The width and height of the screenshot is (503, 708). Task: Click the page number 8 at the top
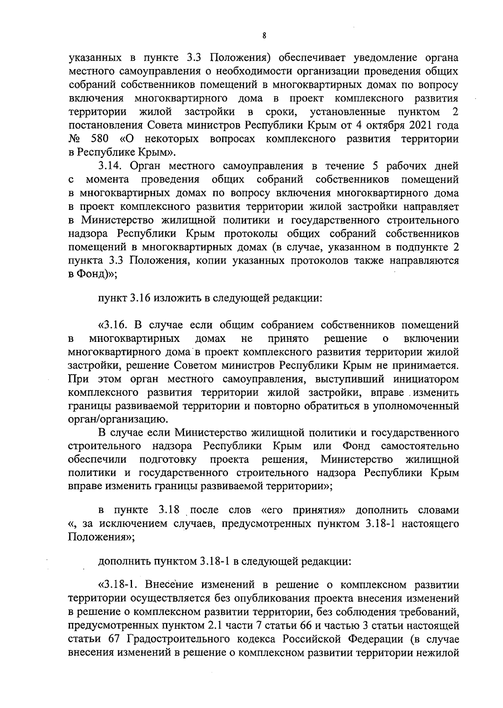tap(264, 36)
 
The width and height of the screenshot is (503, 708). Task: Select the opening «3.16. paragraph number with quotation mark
tap(113, 325)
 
